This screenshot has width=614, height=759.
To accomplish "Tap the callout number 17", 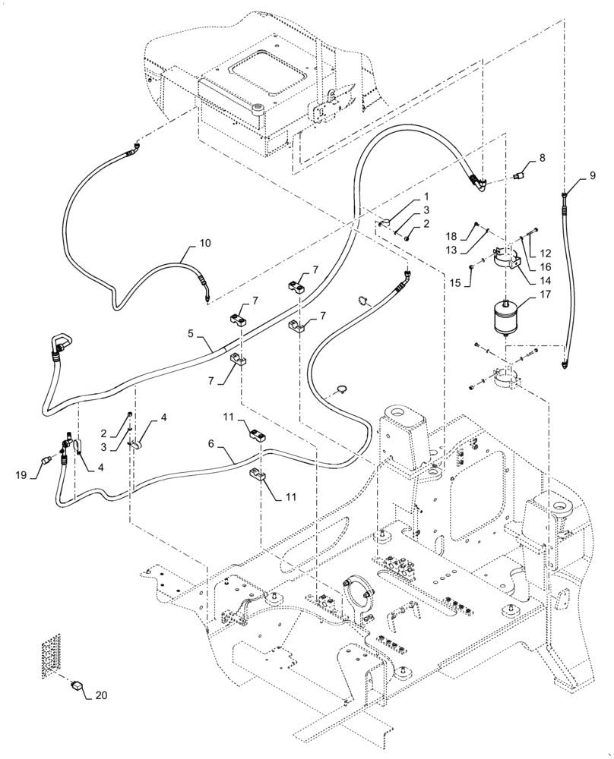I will pos(544,298).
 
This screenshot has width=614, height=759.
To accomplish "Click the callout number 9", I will pos(593,175).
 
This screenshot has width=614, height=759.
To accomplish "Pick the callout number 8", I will pos(542,158).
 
